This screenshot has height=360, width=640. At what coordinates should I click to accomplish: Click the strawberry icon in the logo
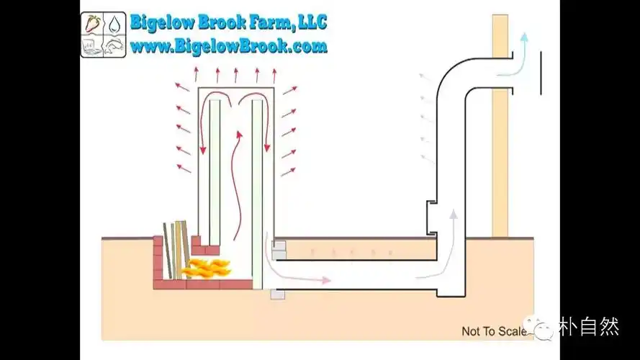click(x=93, y=24)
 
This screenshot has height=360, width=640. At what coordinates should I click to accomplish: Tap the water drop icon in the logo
click(x=114, y=24)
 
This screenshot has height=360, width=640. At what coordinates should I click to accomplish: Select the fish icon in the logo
click(x=114, y=45)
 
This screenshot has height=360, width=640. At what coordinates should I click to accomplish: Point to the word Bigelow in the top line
click(x=159, y=22)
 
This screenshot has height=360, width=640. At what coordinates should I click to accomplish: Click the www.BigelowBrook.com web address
click(x=228, y=47)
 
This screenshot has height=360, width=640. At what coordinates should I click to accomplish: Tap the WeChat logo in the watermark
click(x=541, y=328)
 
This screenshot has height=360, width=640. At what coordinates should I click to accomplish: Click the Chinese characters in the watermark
click(x=589, y=328)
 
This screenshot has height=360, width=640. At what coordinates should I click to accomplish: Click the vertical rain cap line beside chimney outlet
click(x=540, y=73)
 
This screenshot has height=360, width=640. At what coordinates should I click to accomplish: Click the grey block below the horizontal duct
click(x=277, y=294)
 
